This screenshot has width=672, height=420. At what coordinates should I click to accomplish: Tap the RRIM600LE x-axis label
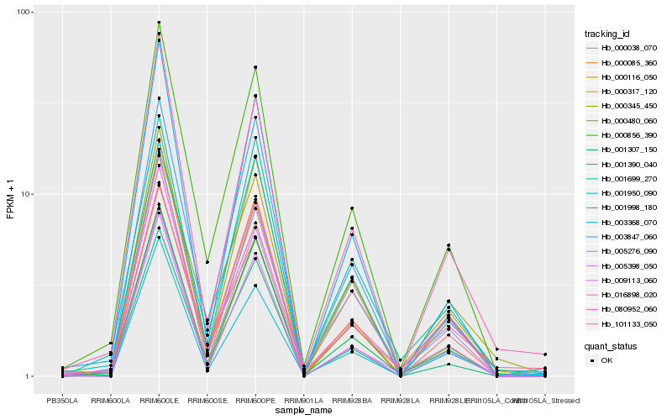point(159,401)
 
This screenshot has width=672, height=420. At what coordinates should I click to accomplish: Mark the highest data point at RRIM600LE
point(159,23)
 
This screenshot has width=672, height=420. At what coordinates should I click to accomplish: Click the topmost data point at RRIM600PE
point(255,67)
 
